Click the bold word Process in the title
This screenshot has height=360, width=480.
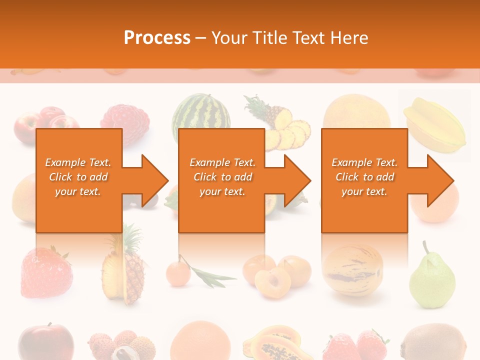pyautogui.click(x=157, y=37)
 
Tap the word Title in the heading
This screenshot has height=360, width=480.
pyautogui.click(x=269, y=37)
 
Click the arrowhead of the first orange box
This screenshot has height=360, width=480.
pyautogui.click(x=152, y=180)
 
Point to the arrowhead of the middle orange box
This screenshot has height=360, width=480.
pyautogui.click(x=295, y=180)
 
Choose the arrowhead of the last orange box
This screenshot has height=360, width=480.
pyautogui.click(x=438, y=180)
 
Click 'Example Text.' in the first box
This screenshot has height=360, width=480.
pyautogui.click(x=78, y=162)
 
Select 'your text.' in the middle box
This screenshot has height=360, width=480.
pyautogui.click(x=222, y=191)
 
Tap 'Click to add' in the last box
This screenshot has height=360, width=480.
pyautogui.click(x=364, y=177)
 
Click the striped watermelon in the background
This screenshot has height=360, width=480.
pyautogui.click(x=201, y=115)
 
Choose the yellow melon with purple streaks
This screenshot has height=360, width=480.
pyautogui.click(x=352, y=270)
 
